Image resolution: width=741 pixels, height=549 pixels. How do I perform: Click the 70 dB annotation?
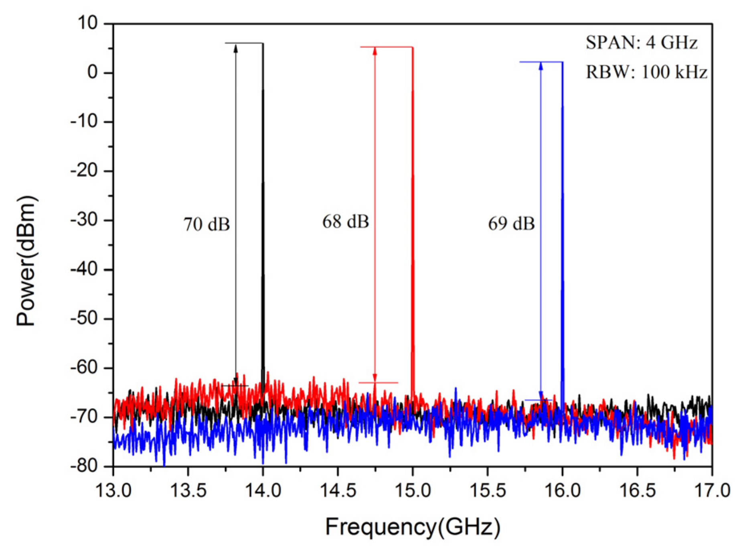(207, 224)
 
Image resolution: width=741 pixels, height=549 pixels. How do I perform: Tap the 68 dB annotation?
(345, 222)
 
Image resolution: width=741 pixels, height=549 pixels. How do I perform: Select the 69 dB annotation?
(511, 224)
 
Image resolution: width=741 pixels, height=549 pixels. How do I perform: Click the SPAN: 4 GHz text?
(641, 43)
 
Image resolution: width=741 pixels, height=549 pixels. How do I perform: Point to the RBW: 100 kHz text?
(646, 72)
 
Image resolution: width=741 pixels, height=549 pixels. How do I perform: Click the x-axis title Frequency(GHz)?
(413, 527)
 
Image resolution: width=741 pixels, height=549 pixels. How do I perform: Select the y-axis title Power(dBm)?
(26, 261)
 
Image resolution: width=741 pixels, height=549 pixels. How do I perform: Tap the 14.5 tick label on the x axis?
(338, 490)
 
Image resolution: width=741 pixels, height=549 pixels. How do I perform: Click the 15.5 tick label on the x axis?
(487, 490)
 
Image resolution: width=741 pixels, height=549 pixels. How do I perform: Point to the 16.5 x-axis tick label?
(637, 490)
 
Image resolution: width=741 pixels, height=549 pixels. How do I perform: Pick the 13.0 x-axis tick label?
(113, 490)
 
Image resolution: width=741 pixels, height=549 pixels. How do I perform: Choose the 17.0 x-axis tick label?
(712, 490)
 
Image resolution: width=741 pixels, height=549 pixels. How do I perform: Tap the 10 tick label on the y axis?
(87, 23)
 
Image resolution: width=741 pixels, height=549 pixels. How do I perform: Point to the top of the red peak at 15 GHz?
(413, 47)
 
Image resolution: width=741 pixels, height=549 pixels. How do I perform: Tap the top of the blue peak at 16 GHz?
(562, 62)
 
